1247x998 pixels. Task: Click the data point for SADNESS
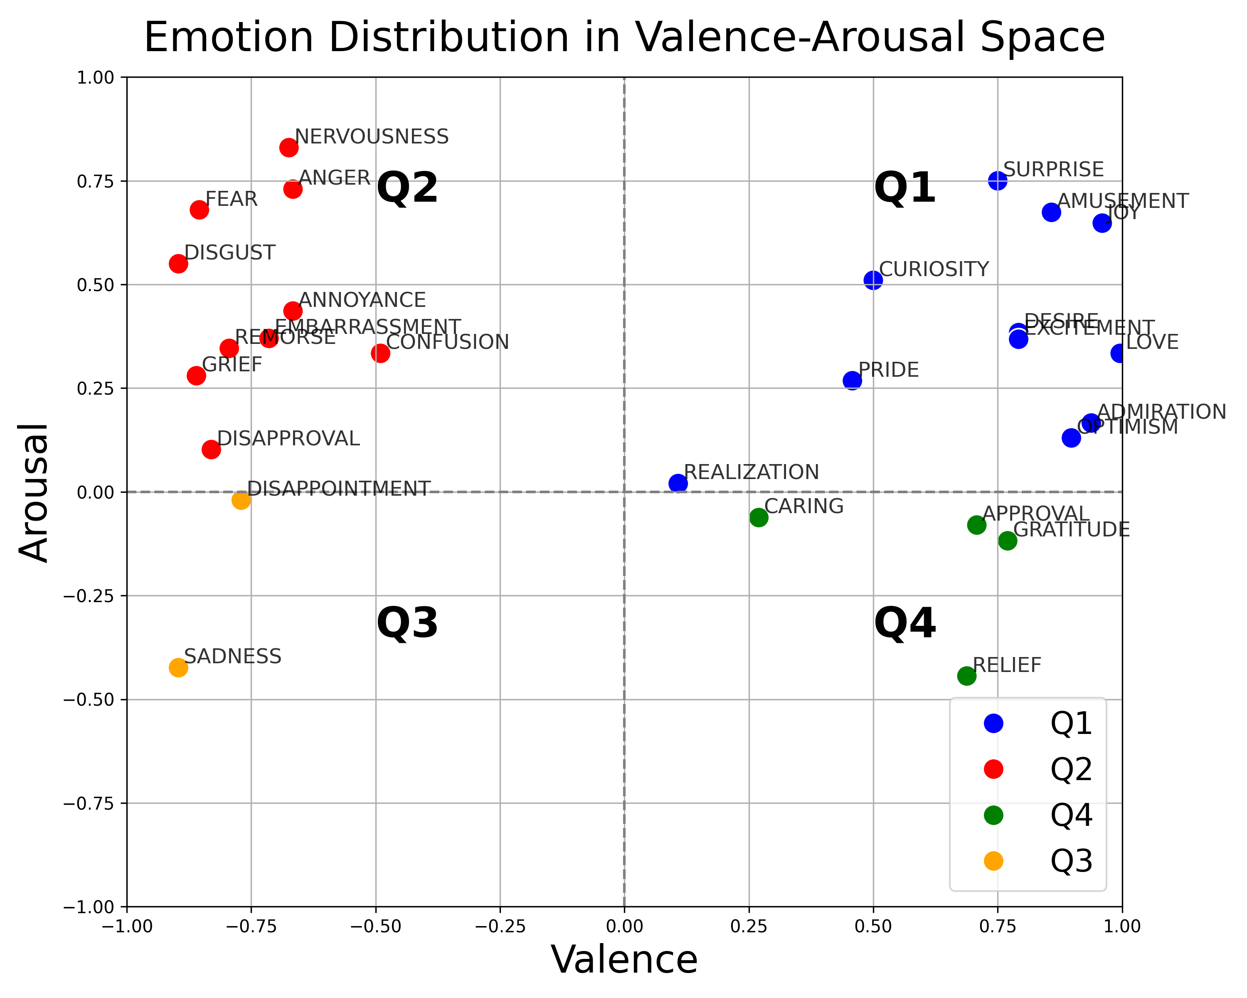pyautogui.click(x=178, y=668)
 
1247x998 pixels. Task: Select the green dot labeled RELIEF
pyautogui.click(x=966, y=676)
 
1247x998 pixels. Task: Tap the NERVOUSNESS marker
pyautogui.click(x=288, y=148)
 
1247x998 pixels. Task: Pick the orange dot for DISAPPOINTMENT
pyautogui.click(x=241, y=500)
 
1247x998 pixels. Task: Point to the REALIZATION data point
pyautogui.click(x=678, y=483)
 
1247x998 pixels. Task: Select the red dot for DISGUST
pyautogui.click(x=178, y=264)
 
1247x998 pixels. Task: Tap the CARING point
pyautogui.click(x=759, y=517)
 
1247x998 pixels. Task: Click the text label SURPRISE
pyautogui.click(x=1053, y=170)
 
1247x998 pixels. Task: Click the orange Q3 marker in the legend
pyautogui.click(x=993, y=861)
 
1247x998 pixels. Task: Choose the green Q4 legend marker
pyautogui.click(x=993, y=815)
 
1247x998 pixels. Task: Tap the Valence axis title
pyautogui.click(x=624, y=961)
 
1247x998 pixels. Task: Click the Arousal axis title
pyautogui.click(x=34, y=492)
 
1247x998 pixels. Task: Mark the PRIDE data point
pyautogui.click(x=852, y=380)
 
